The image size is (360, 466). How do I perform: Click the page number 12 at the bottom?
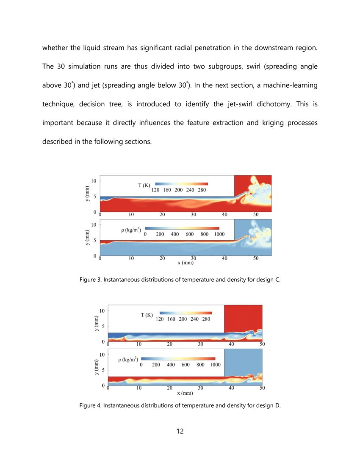[180, 431]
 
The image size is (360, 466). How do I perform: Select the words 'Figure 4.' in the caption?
[91, 405]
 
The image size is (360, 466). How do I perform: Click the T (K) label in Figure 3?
[144, 185]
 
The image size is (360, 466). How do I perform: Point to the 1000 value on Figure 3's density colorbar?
[219, 234]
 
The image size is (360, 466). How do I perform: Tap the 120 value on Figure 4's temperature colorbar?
[160, 319]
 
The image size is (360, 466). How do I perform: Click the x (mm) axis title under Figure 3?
[186, 262]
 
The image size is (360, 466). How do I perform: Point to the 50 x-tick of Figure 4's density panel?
[262, 388]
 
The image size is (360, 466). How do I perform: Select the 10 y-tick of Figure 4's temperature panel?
[102, 311]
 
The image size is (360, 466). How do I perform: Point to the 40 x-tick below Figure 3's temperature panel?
[224, 214]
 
